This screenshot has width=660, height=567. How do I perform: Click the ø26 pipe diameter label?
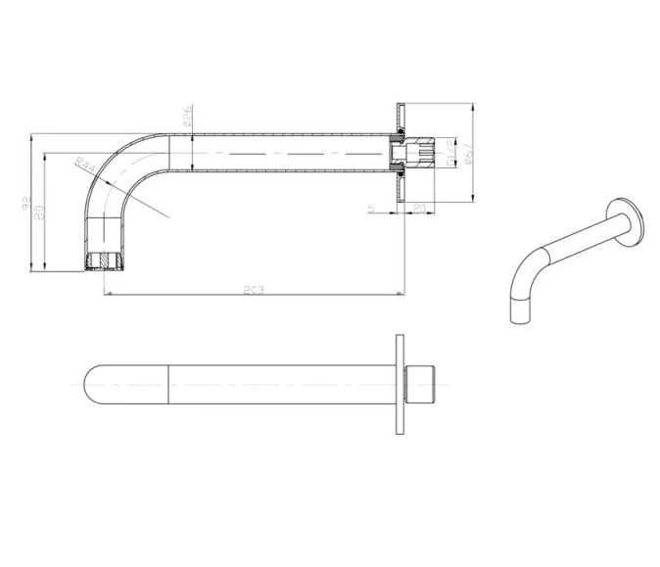[187, 118]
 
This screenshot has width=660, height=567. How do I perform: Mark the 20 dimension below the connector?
[418, 207]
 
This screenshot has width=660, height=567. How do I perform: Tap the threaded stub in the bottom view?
[418, 385]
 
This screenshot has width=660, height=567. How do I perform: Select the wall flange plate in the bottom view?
[400, 385]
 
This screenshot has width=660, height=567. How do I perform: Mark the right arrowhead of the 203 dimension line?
[401, 293]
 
